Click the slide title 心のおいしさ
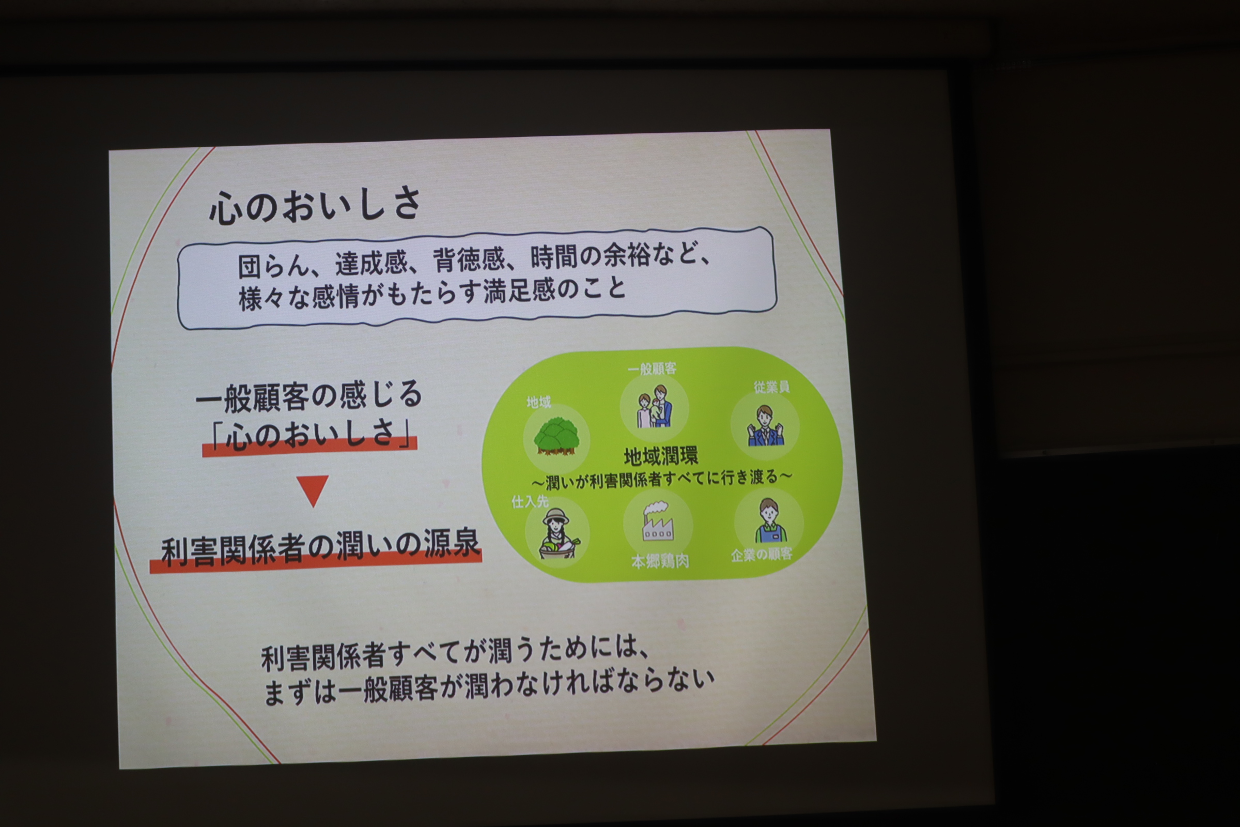[315, 205]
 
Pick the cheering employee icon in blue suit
[765, 425]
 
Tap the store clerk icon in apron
[770, 520]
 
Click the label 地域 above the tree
[539, 403]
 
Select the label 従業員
[771, 387]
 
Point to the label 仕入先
[530, 501]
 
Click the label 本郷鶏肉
[660, 561]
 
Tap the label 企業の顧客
[761, 554]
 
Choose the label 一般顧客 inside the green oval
[652, 369]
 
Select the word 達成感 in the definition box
[371, 263]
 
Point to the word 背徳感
[469, 259]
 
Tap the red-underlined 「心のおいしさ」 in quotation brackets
[310, 435]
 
